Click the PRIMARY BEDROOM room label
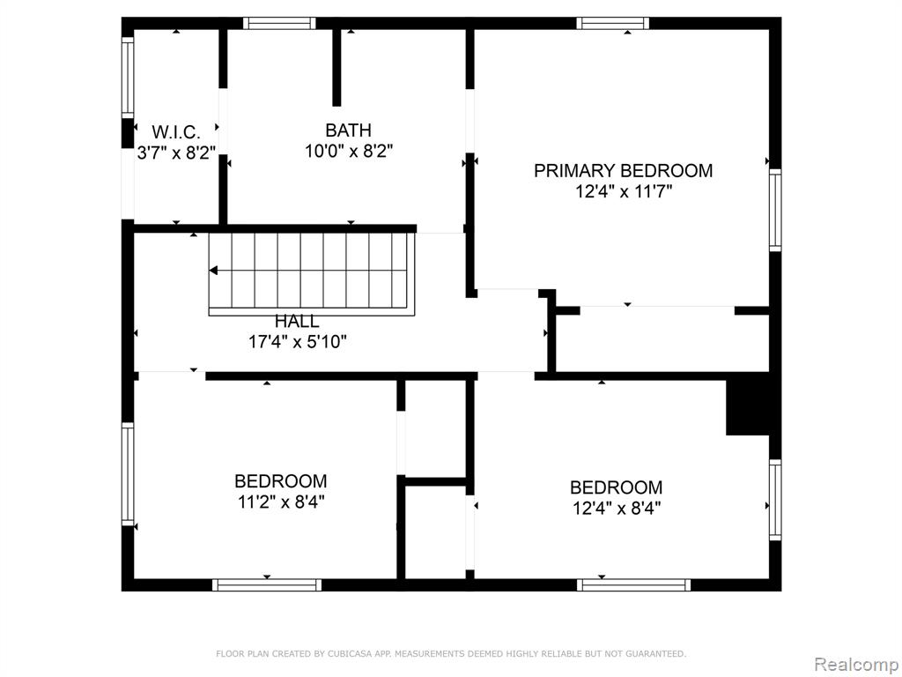click(x=623, y=170)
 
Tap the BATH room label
click(x=348, y=130)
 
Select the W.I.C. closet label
click(x=176, y=132)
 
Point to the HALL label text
click(x=297, y=321)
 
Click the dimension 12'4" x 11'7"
click(x=624, y=191)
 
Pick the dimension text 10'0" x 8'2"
click(x=349, y=152)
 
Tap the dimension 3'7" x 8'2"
click(x=176, y=153)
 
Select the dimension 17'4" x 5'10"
click(x=298, y=342)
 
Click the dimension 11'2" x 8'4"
click(x=281, y=502)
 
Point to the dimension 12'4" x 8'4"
click(x=616, y=509)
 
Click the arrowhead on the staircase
click(x=213, y=270)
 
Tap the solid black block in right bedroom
click(x=748, y=407)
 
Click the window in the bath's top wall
click(x=279, y=23)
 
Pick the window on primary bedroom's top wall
click(x=613, y=23)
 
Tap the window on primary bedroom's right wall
click(x=775, y=210)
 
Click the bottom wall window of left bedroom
click(x=267, y=585)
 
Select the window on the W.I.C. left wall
click(x=128, y=78)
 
